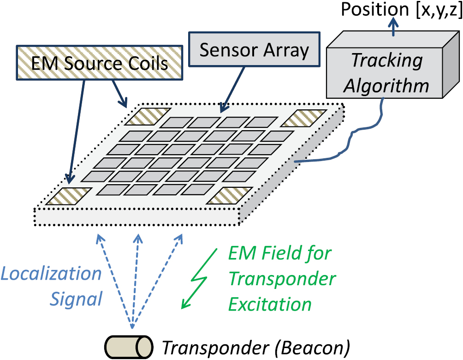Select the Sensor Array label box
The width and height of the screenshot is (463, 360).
254,50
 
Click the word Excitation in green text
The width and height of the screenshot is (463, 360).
270,305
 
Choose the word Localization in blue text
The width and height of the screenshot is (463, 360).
51,274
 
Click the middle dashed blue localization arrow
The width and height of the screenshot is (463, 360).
136,277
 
